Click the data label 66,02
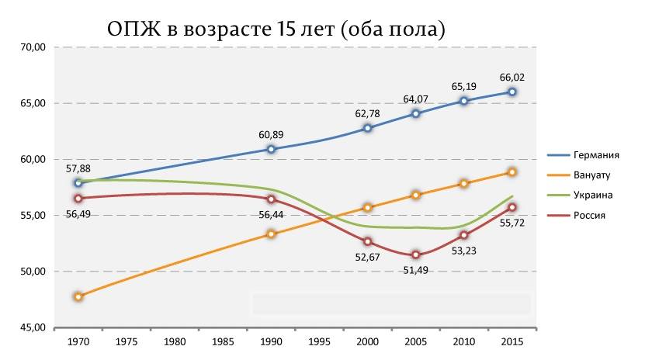click(512, 77)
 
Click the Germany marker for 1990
click(271, 149)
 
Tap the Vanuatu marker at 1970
click(78, 296)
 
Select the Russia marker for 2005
click(416, 254)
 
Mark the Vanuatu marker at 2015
click(512, 172)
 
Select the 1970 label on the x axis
click(78, 341)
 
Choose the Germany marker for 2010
click(464, 101)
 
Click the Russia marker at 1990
click(271, 199)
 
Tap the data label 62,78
click(368, 114)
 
